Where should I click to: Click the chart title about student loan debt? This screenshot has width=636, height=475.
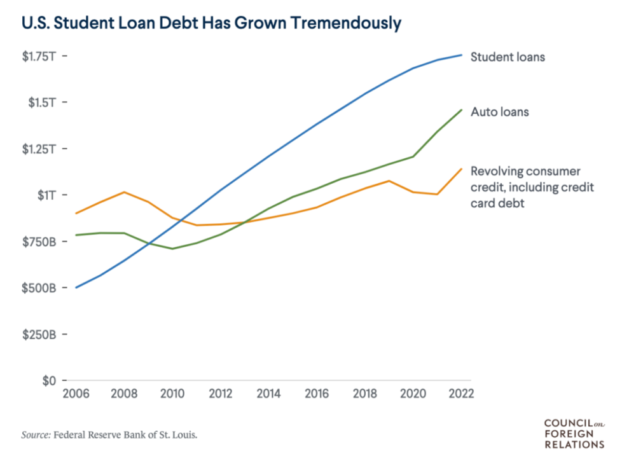(211, 24)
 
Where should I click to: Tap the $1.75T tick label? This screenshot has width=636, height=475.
(40, 56)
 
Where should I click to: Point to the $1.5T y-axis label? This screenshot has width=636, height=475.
(43, 102)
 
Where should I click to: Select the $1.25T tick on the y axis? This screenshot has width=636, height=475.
(40, 149)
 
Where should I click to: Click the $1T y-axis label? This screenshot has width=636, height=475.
(47, 195)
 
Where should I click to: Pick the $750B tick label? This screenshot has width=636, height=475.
(40, 242)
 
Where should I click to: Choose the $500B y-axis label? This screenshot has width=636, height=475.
(40, 288)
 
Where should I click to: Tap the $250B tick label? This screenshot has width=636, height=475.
(40, 334)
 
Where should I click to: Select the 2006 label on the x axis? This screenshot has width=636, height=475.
(76, 393)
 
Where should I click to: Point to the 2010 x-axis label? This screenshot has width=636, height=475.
(172, 393)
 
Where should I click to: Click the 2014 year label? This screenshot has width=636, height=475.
(268, 393)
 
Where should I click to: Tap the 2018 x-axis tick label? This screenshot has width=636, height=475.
(364, 393)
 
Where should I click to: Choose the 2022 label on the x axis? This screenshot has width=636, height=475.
(460, 393)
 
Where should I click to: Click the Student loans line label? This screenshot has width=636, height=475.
(508, 57)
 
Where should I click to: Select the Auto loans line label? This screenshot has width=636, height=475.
(500, 113)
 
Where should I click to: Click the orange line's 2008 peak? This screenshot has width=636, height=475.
(124, 192)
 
